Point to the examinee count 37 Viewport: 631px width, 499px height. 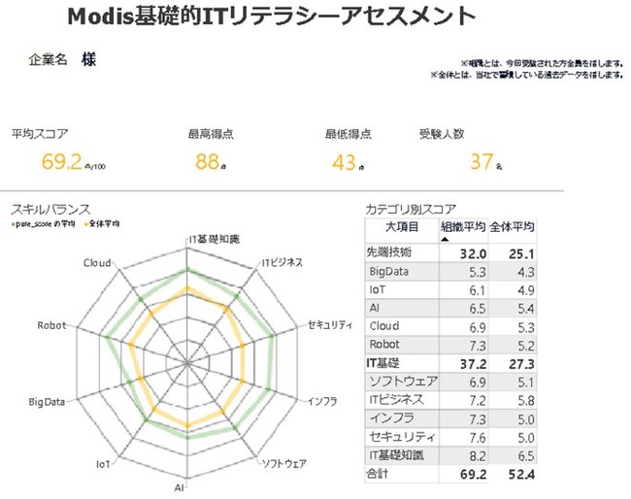[482, 161]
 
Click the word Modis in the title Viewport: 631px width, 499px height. [101, 17]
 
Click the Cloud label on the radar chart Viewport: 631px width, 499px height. [96, 262]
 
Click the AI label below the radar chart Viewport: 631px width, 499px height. [181, 485]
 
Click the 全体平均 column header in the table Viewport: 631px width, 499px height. [512, 227]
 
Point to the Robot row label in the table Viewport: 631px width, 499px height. [384, 344]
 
